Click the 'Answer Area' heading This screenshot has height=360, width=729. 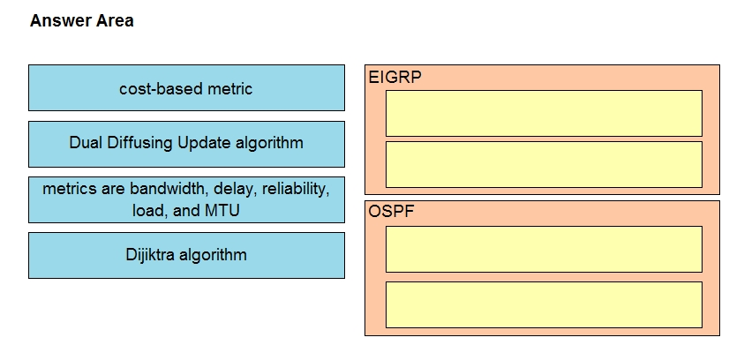pos(82,21)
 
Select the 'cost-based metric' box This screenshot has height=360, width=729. pos(186,87)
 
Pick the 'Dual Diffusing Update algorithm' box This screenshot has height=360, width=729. pos(186,144)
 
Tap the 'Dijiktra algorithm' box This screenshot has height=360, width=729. pos(186,256)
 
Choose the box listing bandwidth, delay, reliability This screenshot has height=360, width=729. pos(186,199)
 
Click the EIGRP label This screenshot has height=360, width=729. pos(395,77)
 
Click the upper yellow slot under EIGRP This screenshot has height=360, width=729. pos(544,113)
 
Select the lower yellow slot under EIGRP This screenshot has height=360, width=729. pos(544,164)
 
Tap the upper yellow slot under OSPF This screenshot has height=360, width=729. pos(544,249)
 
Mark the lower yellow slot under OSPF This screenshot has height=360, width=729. pos(544,304)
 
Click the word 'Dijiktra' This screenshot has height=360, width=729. pos(150,255)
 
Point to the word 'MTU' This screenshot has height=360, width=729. pos(222,211)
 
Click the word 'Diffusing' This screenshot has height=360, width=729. pos(140,143)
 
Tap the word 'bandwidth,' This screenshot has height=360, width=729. pos(169,189)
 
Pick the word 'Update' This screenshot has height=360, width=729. pos(205,143)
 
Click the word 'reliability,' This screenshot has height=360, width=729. pos(297,189)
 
